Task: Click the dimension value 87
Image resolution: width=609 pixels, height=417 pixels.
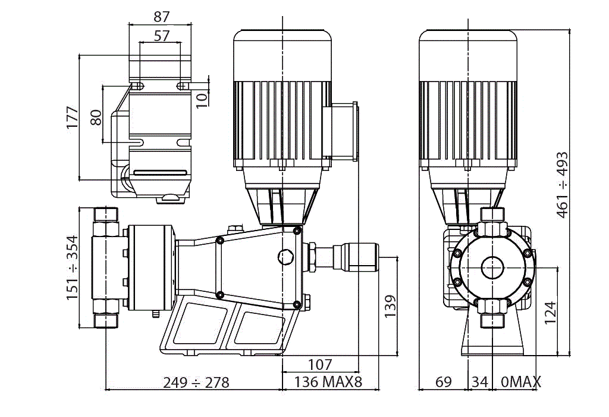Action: pyautogui.click(x=161, y=17)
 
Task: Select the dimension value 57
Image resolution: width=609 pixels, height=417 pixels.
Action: pyautogui.click(x=161, y=36)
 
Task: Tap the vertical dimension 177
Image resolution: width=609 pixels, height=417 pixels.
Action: pyautogui.click(x=72, y=118)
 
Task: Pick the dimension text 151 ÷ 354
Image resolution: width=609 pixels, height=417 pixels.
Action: pyautogui.click(x=72, y=268)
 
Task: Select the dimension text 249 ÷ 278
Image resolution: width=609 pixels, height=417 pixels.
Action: pyautogui.click(x=196, y=382)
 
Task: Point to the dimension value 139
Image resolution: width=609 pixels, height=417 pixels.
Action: pyautogui.click(x=389, y=306)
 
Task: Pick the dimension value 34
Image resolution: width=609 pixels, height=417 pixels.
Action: pyautogui.click(x=479, y=382)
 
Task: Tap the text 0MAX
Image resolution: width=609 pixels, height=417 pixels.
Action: pyautogui.click(x=521, y=382)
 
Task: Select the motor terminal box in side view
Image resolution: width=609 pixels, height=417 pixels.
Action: pyautogui.click(x=341, y=131)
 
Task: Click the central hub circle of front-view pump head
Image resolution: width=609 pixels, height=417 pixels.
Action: pyautogui.click(x=492, y=266)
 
